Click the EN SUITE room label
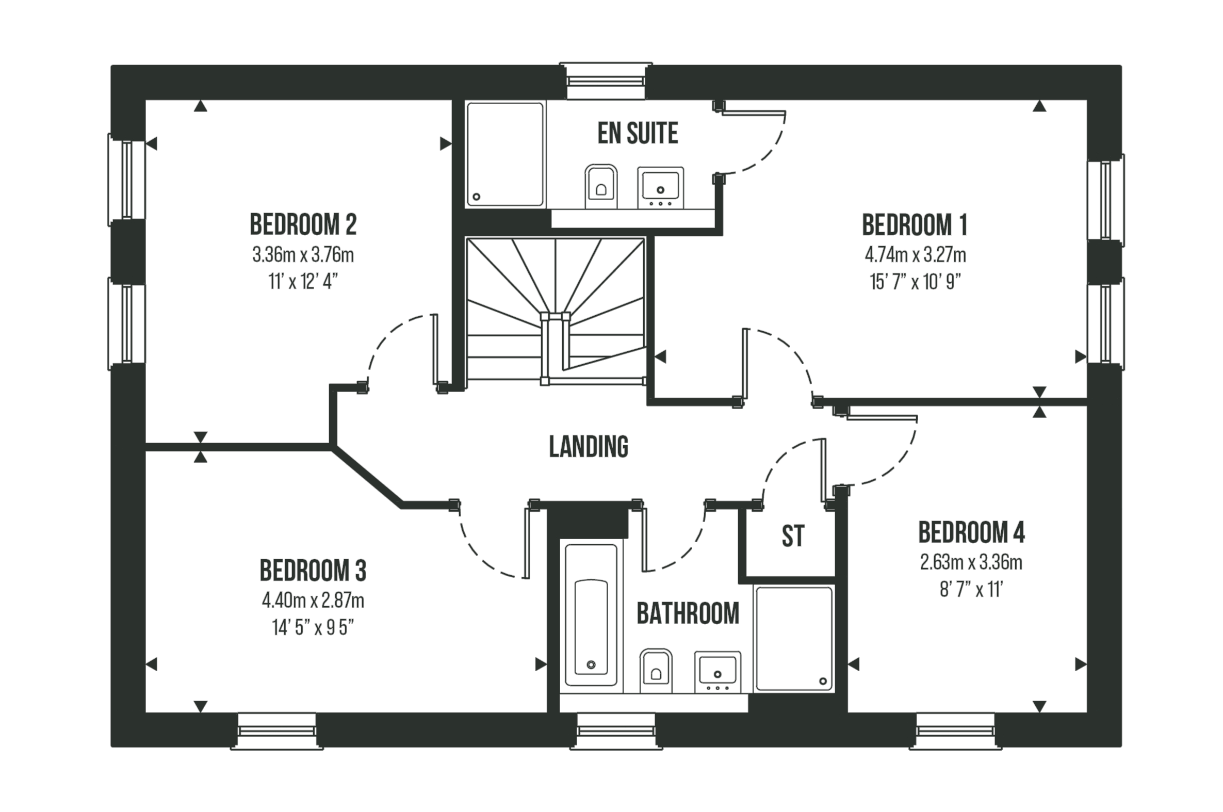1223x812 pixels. pyautogui.click(x=638, y=133)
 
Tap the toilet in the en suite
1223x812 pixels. pyautogui.click(x=600, y=186)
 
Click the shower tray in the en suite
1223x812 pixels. pyautogui.click(x=505, y=154)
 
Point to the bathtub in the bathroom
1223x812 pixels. pyautogui.click(x=591, y=615)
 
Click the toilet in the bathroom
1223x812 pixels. pyautogui.click(x=656, y=671)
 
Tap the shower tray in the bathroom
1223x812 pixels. pyautogui.click(x=794, y=639)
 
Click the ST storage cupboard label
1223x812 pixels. pyautogui.click(x=793, y=536)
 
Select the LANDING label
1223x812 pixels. pyautogui.click(x=588, y=446)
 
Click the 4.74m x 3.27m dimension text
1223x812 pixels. pyautogui.click(x=915, y=255)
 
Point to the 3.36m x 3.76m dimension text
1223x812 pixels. pyautogui.click(x=303, y=255)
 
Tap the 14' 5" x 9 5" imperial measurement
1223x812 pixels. pyautogui.click(x=313, y=628)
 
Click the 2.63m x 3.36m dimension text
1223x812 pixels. pyautogui.click(x=971, y=562)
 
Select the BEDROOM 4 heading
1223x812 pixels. pyautogui.click(x=971, y=532)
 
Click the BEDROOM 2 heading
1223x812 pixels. pyautogui.click(x=303, y=224)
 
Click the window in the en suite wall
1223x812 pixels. pyautogui.click(x=606, y=82)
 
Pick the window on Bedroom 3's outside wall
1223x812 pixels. pyautogui.click(x=276, y=730)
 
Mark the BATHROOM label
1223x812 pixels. pyautogui.click(x=688, y=614)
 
